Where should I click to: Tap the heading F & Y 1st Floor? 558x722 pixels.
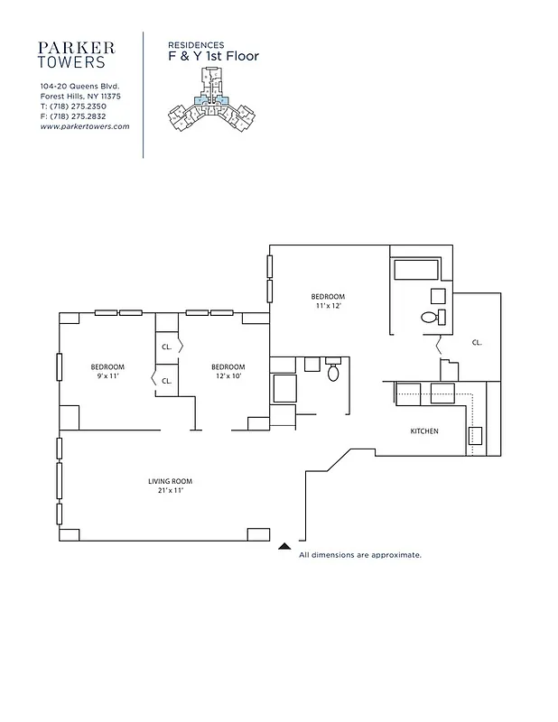213,56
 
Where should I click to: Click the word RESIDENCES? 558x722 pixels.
197,43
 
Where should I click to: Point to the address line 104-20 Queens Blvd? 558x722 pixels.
79,87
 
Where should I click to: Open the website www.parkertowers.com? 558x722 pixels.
85,127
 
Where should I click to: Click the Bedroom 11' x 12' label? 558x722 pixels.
328,301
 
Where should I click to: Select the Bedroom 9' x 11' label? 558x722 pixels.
107,370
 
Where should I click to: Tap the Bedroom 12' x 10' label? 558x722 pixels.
228,370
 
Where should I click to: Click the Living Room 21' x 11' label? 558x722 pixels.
171,486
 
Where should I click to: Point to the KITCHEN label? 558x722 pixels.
424,431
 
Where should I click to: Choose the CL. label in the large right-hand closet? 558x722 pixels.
477,343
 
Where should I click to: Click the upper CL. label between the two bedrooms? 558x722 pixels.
167,347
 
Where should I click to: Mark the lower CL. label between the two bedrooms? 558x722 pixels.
167,381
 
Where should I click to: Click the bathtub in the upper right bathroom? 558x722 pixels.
415,269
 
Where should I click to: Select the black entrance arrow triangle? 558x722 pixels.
284,546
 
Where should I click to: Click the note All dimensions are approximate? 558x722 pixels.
360,555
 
